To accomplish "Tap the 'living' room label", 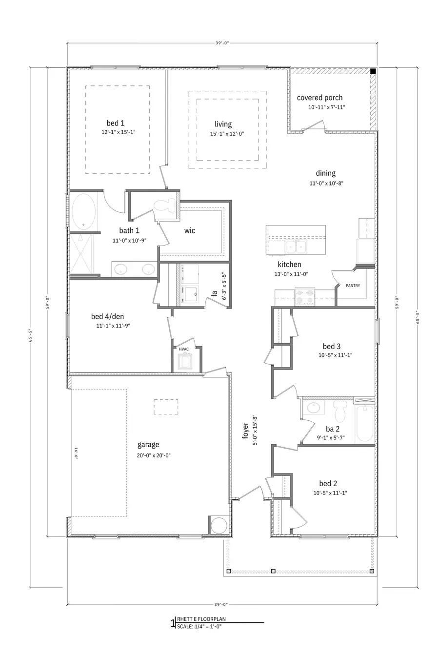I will click(223, 124).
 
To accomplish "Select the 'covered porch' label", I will click(319, 98).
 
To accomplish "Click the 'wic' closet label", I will click(190, 230).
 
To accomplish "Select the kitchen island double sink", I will click(296, 247).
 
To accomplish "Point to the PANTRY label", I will click(353, 286).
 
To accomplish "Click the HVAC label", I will click(184, 349).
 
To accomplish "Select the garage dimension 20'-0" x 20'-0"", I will click(154, 455).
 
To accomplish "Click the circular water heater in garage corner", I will click(218, 525).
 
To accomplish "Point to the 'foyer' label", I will click(245, 431).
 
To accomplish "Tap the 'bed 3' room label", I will click(331, 347).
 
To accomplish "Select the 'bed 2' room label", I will click(328, 484).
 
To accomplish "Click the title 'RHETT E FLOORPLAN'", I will click(201, 618).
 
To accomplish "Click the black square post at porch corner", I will click(373, 71).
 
